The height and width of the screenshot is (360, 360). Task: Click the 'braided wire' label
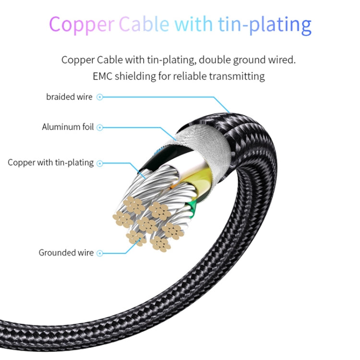point(69,97)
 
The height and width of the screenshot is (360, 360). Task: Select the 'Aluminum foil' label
point(68,127)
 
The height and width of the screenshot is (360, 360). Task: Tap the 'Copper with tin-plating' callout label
point(50,163)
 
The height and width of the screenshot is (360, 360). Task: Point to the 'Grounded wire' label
point(66,252)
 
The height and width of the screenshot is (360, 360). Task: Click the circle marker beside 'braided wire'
point(100,97)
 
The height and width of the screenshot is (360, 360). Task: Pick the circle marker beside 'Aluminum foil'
point(100,127)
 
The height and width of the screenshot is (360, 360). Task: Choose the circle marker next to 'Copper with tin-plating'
point(100,164)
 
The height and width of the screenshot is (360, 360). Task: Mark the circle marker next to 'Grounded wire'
point(100,253)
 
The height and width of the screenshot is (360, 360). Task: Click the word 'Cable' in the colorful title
point(144,24)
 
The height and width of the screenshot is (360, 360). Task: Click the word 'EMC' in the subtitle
point(102,76)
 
